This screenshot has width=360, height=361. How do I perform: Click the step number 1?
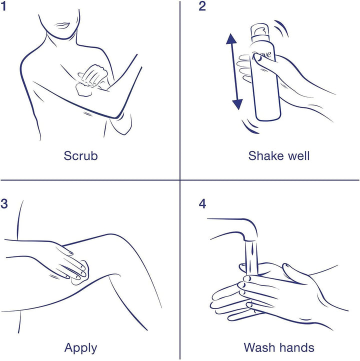(x=3, y=6)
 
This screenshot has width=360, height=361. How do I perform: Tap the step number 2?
(x=202, y=6)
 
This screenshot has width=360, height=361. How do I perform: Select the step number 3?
(x=4, y=204)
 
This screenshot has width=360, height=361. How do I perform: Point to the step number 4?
(x=202, y=204)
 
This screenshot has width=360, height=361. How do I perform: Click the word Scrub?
(x=80, y=156)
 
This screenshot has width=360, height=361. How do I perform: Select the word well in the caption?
(x=298, y=156)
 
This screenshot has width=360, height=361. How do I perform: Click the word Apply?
(x=80, y=348)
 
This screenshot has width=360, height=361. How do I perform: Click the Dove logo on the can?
(x=261, y=56)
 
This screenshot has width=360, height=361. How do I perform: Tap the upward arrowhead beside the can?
(x=231, y=38)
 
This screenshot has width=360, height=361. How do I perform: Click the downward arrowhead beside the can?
(x=237, y=104)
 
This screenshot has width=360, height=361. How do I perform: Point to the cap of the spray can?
(x=259, y=30)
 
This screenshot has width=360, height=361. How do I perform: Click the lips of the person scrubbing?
(x=61, y=25)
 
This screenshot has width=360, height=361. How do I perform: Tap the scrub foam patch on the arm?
(x=83, y=90)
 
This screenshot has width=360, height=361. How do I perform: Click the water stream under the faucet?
(x=251, y=258)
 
